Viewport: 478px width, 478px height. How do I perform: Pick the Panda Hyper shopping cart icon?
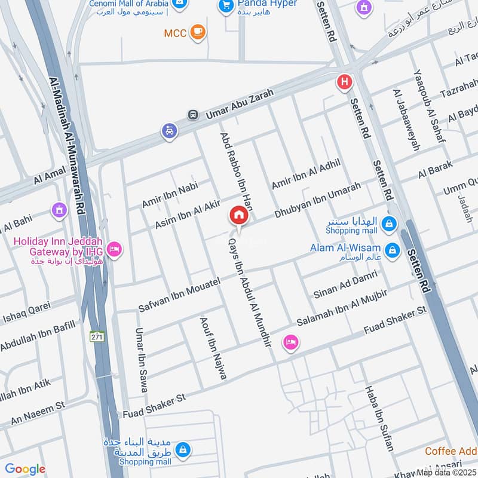point(226,5)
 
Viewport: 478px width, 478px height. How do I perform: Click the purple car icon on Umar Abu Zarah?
point(170,131)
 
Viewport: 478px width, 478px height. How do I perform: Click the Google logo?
point(25,469)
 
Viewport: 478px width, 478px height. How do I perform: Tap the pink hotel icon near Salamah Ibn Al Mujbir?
point(290,342)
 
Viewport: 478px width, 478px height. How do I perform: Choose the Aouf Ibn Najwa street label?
point(213,348)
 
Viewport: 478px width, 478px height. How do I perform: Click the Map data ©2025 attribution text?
point(447,472)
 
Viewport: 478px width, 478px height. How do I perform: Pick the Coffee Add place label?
point(451,451)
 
